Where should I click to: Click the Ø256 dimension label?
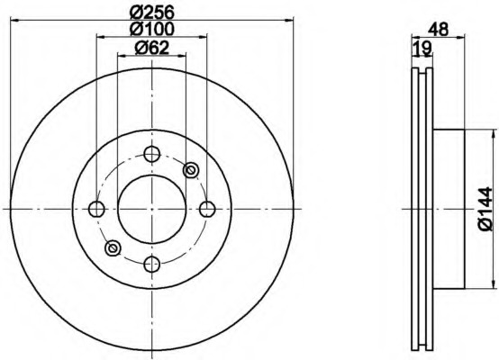152,13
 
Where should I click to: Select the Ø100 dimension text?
152,29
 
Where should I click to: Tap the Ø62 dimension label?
152,48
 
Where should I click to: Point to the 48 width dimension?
439,30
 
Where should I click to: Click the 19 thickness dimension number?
422,48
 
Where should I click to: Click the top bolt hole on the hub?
152,154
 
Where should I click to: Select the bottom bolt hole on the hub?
152,265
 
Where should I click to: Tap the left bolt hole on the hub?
96,209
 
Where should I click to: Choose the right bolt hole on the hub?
207,209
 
